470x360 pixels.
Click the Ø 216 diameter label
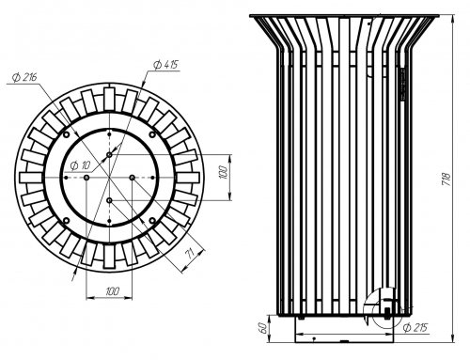pos(24,77)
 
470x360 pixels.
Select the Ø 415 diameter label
pos(165,65)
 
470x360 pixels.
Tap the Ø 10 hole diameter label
pos(81,165)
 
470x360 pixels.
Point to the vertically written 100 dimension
pos(223,173)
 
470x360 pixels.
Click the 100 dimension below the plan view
pos(113,291)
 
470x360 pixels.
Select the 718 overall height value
pos(446,180)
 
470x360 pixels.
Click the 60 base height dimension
pos(263,328)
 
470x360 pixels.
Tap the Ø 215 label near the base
pos(415,328)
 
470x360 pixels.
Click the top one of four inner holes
pos(109,155)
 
